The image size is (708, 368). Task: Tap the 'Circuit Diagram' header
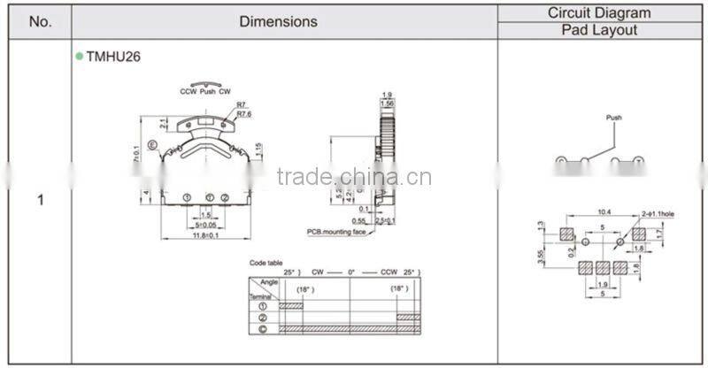click(599, 12)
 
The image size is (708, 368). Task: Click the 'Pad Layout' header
click(599, 30)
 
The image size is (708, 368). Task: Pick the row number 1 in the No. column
click(40, 200)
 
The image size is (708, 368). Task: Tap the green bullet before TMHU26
click(80, 56)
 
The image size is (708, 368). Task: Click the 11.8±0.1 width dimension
click(205, 235)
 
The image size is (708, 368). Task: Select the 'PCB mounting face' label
click(337, 231)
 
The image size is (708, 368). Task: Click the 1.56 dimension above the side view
click(387, 103)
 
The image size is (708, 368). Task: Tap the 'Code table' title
click(265, 263)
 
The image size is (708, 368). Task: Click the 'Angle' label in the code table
click(269, 281)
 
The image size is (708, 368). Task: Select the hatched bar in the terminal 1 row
click(291, 304)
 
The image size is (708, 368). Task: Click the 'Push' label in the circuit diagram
click(614, 117)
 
